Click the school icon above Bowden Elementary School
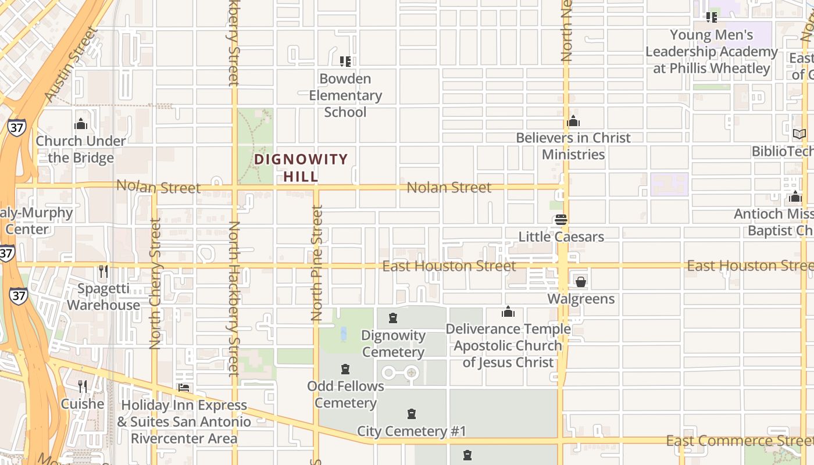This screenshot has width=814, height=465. coord(345,61)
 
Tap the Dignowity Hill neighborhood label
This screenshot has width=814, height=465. coord(301,167)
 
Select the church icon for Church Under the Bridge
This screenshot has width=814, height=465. coord(81,124)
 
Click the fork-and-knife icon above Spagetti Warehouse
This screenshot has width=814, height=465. coord(103,271)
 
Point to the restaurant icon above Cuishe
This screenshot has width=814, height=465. coord(83,387)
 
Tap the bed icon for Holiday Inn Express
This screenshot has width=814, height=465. coord(184,388)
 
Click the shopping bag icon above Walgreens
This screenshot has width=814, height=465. coord(580,282)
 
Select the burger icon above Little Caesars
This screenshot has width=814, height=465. coord(561,220)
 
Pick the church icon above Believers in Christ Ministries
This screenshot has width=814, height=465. coord(573,121)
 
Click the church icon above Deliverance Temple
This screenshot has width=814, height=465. coord(508,312)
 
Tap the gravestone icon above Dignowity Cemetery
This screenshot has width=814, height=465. coord(393,318)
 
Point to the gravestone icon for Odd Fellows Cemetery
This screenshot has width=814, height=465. coord(345,369)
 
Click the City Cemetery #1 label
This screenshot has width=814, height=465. coord(412,431)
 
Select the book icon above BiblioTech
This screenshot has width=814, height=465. coord(799,134)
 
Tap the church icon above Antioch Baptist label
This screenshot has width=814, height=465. coord(795,196)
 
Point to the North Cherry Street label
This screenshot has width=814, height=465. coord(155,284)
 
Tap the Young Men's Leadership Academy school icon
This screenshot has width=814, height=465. coord(712,17)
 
